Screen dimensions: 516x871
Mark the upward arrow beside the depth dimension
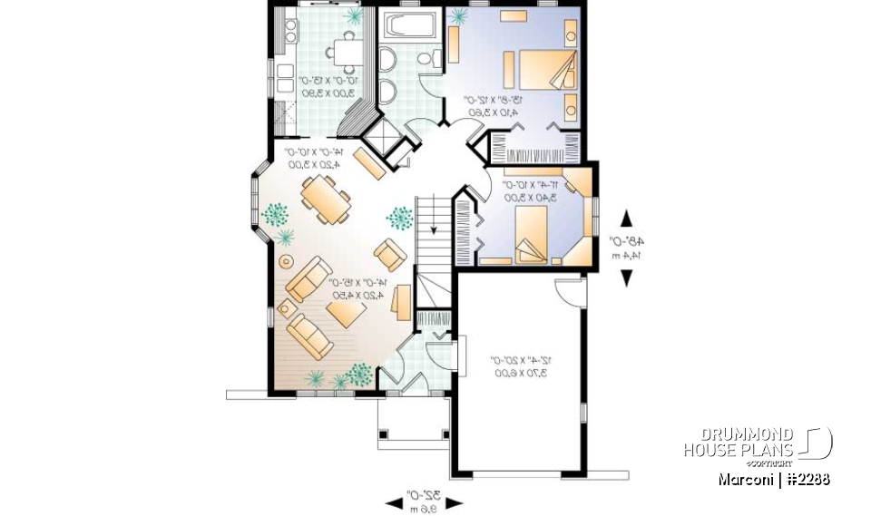pyautogui.click(x=626, y=219)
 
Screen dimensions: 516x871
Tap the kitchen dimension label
pyautogui.click(x=328, y=86)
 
